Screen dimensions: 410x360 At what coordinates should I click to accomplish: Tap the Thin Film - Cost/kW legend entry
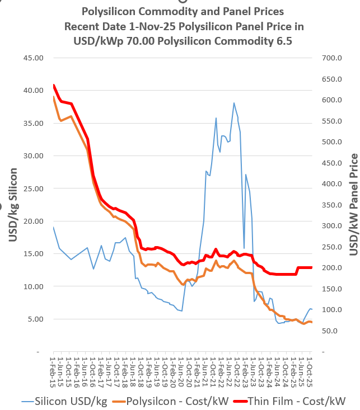coord(296,400)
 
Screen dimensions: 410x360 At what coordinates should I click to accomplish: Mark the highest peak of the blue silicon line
coord(234,103)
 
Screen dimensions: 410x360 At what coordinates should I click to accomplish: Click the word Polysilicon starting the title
coord(111,11)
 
